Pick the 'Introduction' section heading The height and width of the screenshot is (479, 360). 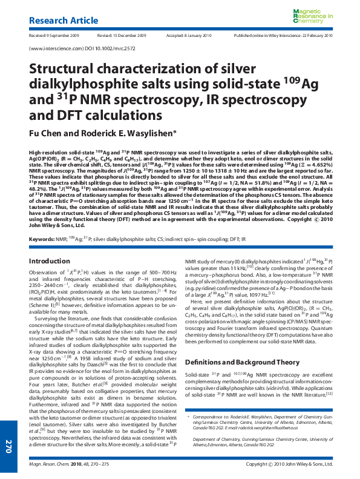50,278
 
